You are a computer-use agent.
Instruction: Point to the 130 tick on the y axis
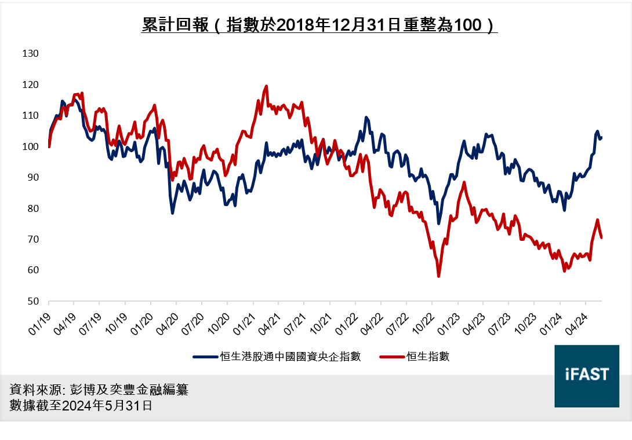pyautogui.click(x=30, y=54)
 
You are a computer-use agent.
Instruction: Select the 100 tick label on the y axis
pyautogui.click(x=30, y=146)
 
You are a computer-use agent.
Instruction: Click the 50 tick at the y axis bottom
pyautogui.click(x=32, y=302)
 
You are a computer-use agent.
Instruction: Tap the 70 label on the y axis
pyautogui.click(x=32, y=240)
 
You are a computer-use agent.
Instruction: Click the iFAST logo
pyautogui.click(x=586, y=375)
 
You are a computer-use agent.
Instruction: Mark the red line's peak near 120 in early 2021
pyautogui.click(x=266, y=86)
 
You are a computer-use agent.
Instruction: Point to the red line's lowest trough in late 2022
pyautogui.click(x=439, y=276)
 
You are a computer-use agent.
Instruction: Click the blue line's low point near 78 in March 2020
pyautogui.click(x=173, y=213)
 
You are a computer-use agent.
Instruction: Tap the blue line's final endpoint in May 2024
pyautogui.click(x=601, y=138)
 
